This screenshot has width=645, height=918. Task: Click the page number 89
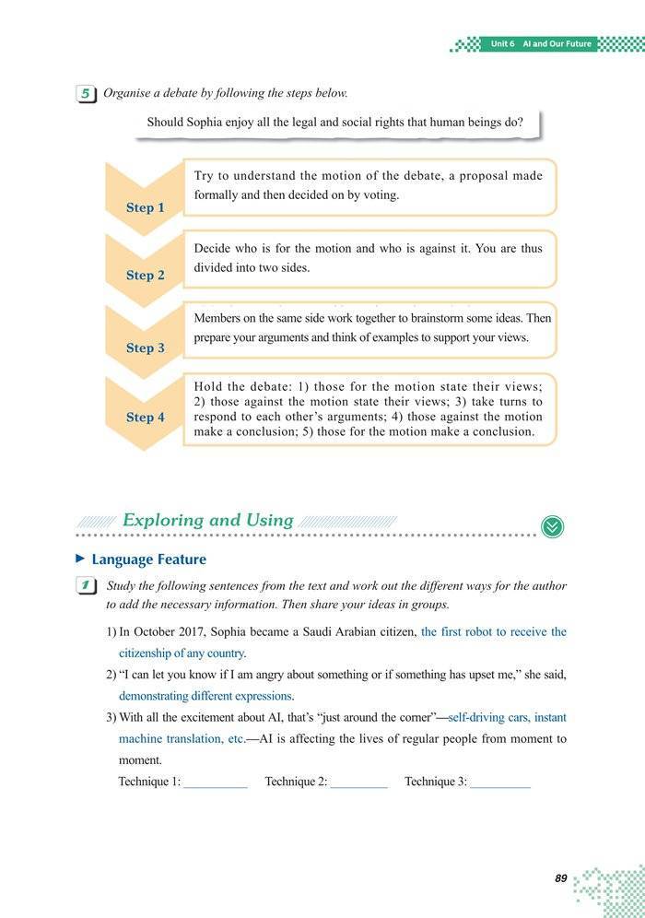click(560, 878)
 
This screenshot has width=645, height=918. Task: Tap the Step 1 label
click(145, 207)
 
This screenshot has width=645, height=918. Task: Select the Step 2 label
click(145, 275)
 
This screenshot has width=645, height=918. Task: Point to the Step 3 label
click(145, 347)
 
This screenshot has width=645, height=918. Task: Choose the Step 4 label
click(145, 417)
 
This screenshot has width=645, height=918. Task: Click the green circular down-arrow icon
click(553, 525)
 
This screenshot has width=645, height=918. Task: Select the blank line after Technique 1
click(215, 783)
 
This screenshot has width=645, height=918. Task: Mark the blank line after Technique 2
click(358, 783)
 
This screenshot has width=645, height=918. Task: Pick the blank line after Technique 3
click(500, 783)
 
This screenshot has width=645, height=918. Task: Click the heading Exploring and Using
click(207, 520)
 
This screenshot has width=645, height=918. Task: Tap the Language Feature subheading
click(148, 559)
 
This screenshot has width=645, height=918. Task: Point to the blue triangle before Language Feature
click(80, 559)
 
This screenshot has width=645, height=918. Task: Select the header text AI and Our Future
click(556, 44)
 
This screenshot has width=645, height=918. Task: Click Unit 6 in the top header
click(502, 44)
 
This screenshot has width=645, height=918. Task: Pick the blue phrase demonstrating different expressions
click(205, 696)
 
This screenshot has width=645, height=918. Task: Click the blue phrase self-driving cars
click(487, 717)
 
